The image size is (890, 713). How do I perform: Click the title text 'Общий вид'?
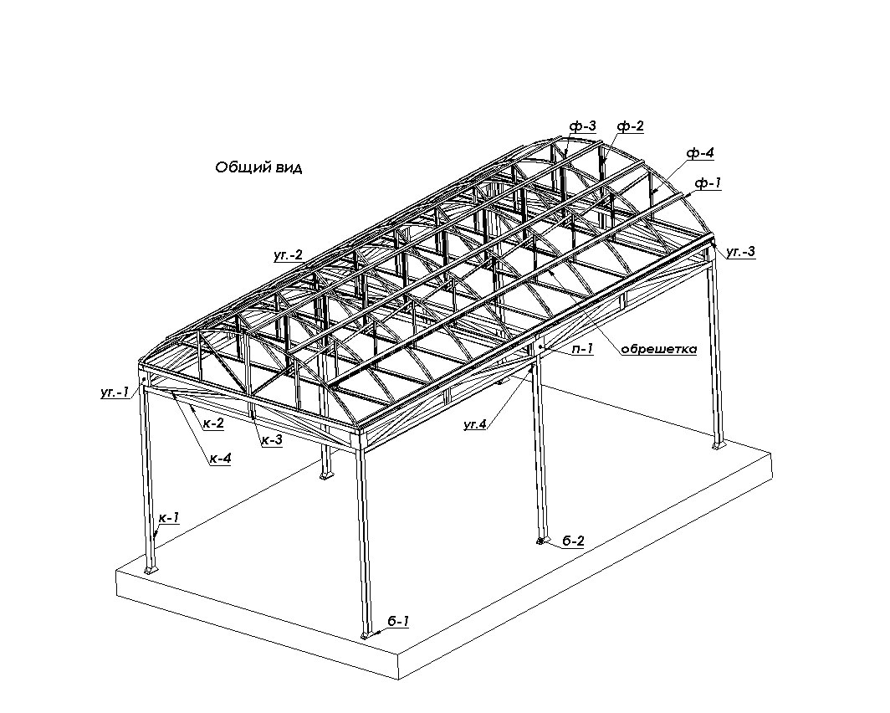(258, 168)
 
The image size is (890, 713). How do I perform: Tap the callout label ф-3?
(583, 126)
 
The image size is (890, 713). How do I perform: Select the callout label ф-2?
(631, 126)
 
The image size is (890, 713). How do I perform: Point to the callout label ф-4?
(700, 152)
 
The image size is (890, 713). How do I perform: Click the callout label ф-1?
(708, 183)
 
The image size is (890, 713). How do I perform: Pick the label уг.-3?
(741, 252)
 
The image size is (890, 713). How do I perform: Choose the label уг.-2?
(289, 255)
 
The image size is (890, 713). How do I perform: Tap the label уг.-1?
(115, 392)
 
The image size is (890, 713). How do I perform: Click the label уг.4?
(475, 423)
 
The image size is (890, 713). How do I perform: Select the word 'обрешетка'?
(658, 349)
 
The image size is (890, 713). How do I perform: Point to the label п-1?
(582, 349)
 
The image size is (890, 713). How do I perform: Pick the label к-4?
(220, 458)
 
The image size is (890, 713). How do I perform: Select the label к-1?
(169, 518)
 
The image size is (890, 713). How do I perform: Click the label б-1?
(398, 622)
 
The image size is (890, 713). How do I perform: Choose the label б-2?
(573, 541)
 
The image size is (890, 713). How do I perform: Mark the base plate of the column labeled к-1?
(151, 569)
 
